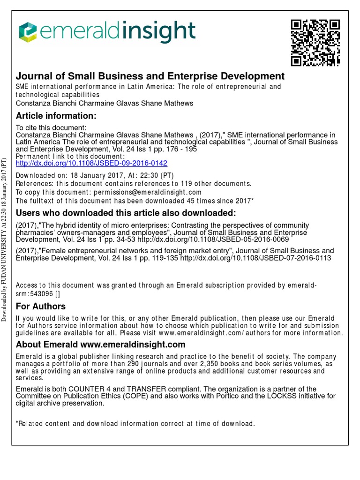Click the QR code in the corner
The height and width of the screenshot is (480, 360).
tap(315, 42)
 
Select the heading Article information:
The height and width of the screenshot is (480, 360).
tap(56, 116)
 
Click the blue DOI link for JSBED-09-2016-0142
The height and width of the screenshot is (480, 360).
tap(91, 164)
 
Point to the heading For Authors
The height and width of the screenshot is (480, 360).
tap(41, 307)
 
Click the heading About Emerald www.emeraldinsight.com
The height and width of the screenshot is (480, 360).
tap(101, 345)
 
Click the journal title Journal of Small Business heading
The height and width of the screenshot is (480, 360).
tap(150, 76)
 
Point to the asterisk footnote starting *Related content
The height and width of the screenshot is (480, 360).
tap(135, 424)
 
